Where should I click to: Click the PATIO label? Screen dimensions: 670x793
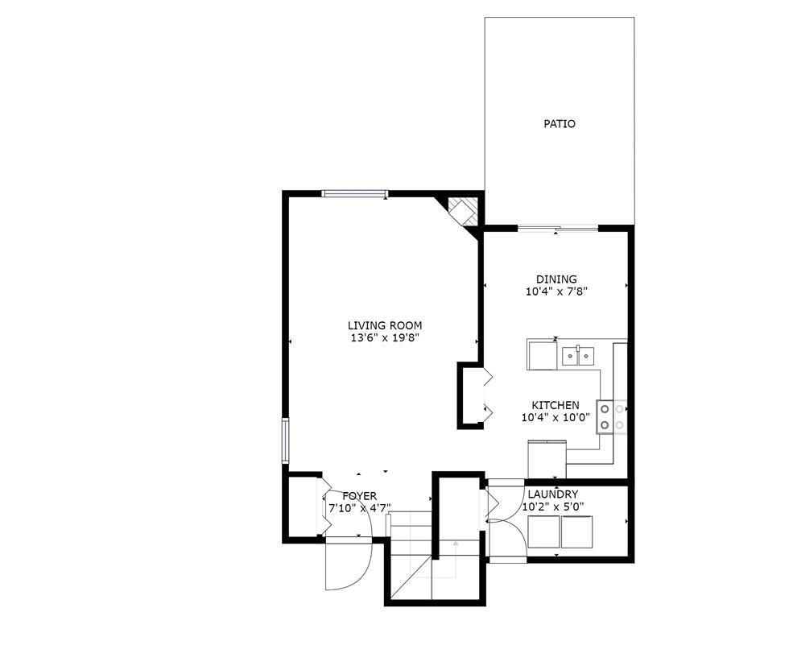coord(559,124)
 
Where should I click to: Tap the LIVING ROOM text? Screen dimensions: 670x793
coord(384,325)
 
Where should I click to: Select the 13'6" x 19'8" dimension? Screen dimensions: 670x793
coord(384,337)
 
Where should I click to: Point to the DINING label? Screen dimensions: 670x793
coord(556,279)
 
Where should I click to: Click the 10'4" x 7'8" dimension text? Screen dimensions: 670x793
coord(556,292)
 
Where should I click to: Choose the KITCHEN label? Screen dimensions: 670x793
coord(555,405)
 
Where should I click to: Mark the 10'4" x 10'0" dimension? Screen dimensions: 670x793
coord(555,417)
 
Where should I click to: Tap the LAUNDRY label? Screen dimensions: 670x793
coord(552,494)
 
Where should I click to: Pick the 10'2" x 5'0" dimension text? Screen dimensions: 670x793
coord(552,507)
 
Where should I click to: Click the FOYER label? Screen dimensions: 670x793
coord(359,496)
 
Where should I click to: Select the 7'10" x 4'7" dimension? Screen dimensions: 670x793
coord(359,508)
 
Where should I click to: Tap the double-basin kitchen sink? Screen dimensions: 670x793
coord(578,354)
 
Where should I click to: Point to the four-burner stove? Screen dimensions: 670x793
coord(612,416)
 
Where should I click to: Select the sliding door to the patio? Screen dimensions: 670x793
coord(557,229)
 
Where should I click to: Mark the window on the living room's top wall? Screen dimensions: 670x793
coord(354,193)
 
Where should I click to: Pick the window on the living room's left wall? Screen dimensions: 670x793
coord(285,440)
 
